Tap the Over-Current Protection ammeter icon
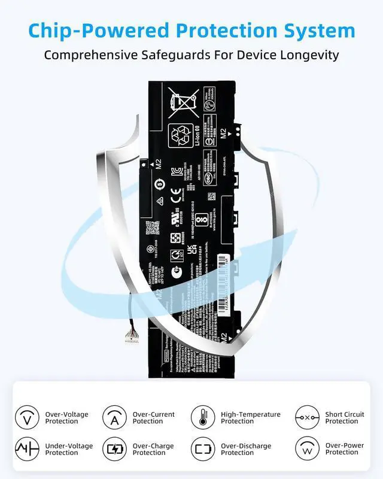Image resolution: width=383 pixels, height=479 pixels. (x=114, y=417)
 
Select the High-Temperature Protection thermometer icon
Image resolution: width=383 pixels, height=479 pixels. (x=203, y=417)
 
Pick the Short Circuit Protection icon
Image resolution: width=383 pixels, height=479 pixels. (x=307, y=417)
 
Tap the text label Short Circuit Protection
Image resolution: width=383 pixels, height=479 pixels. (x=345, y=417)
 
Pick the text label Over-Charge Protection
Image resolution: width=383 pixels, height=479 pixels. (x=154, y=449)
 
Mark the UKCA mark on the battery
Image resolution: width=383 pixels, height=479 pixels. (x=193, y=250)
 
